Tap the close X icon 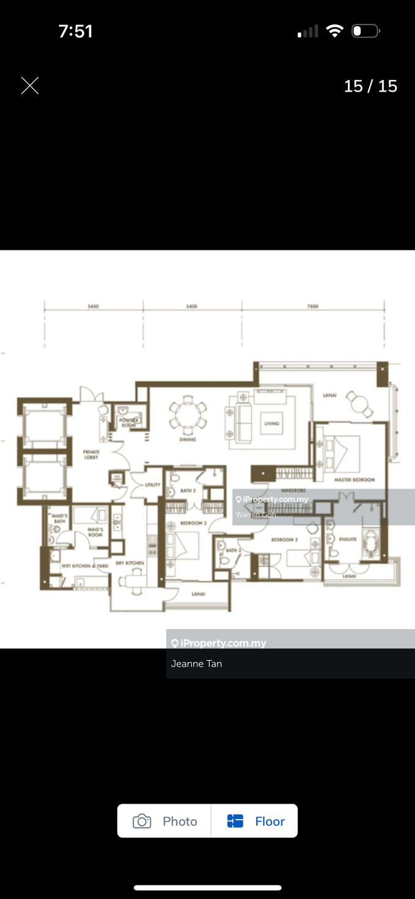[x=30, y=86]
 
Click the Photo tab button [x=164, y=821]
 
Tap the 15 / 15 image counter [x=370, y=86]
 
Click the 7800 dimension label [x=312, y=307]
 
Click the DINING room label [x=188, y=439]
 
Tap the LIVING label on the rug [x=271, y=423]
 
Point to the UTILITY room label [x=152, y=485]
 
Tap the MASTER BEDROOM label [x=354, y=480]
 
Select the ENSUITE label [x=348, y=539]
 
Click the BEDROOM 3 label [x=284, y=540]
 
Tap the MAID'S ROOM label [x=95, y=532]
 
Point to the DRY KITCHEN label [x=130, y=563]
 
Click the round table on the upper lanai [x=358, y=402]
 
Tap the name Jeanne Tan [x=196, y=664]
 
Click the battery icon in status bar [x=365, y=31]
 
